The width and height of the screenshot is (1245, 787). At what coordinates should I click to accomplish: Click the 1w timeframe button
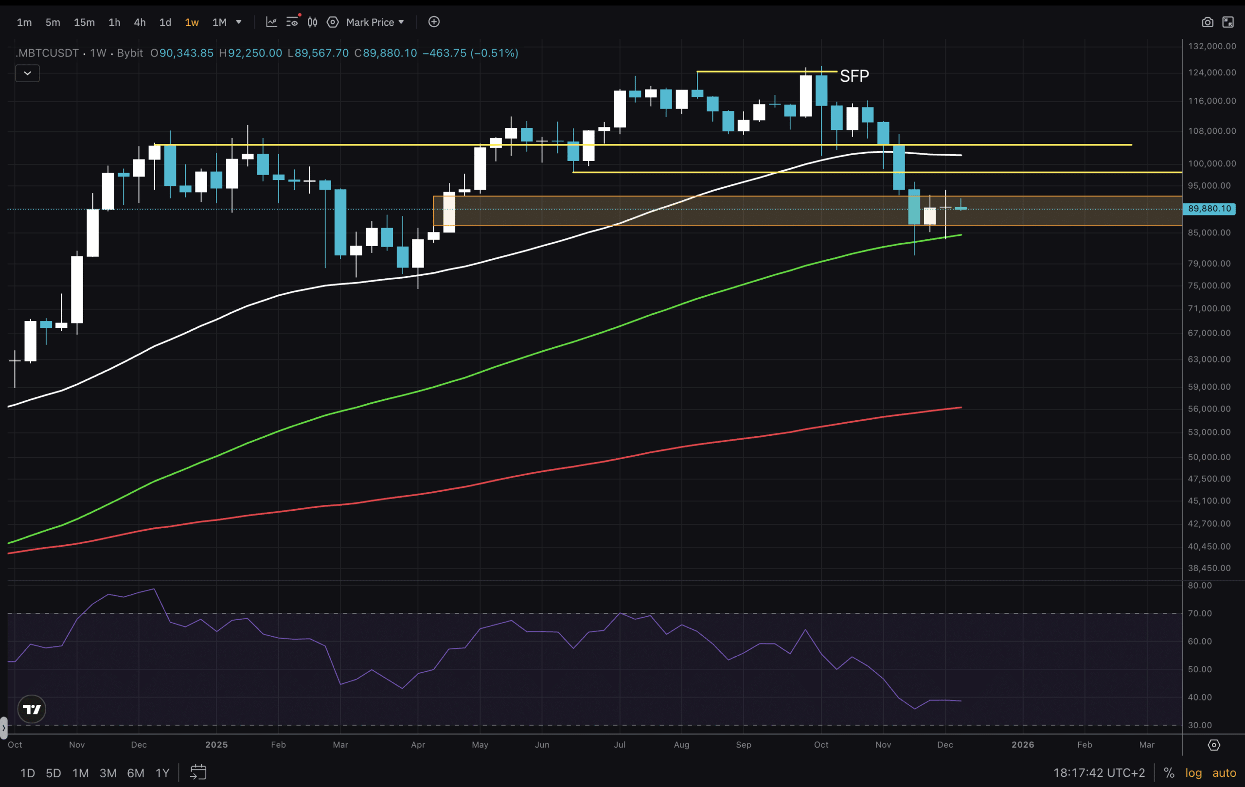(x=192, y=22)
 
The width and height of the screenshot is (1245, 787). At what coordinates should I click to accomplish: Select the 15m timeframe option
(x=84, y=22)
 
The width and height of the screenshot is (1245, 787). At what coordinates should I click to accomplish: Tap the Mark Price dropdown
(x=375, y=22)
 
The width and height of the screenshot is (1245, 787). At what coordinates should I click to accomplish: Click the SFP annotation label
(x=854, y=76)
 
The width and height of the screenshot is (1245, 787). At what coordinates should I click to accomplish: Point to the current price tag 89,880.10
(x=1209, y=209)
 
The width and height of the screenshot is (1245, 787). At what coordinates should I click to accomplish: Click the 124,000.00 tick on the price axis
(x=1211, y=72)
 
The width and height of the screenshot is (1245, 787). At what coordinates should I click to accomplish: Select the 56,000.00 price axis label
(x=1209, y=409)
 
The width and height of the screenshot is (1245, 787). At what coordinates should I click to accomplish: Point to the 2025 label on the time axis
(x=216, y=745)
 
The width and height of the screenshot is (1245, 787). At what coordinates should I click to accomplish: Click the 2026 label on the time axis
(x=1022, y=745)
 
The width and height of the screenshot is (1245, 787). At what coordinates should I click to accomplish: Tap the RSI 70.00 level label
(x=1199, y=614)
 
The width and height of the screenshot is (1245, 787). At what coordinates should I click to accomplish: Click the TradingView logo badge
(x=32, y=709)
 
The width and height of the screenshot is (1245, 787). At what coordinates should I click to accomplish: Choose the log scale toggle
(x=1193, y=773)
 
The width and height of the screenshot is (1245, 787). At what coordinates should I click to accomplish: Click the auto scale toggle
(x=1224, y=773)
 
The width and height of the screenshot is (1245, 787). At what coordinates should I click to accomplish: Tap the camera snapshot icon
(x=1207, y=22)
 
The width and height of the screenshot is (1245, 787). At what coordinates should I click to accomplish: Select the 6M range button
(x=136, y=773)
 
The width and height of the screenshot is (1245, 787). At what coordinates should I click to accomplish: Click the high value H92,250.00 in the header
(x=251, y=53)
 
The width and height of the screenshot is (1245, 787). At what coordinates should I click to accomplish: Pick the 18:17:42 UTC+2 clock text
(x=1099, y=773)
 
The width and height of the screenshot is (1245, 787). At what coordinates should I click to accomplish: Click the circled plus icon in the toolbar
(x=434, y=22)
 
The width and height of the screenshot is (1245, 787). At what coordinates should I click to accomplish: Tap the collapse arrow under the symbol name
(x=27, y=73)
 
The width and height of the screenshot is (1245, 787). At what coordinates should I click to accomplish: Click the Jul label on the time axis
(x=619, y=745)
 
